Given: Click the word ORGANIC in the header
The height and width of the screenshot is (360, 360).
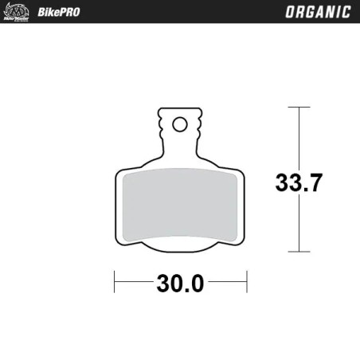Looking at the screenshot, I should click(317, 12).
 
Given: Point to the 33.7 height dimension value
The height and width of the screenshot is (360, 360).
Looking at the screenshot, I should click(299, 183).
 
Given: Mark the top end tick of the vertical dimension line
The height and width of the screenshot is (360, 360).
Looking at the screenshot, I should click(299, 108).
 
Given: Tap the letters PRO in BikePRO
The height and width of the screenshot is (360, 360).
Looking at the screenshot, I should click(66, 12).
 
